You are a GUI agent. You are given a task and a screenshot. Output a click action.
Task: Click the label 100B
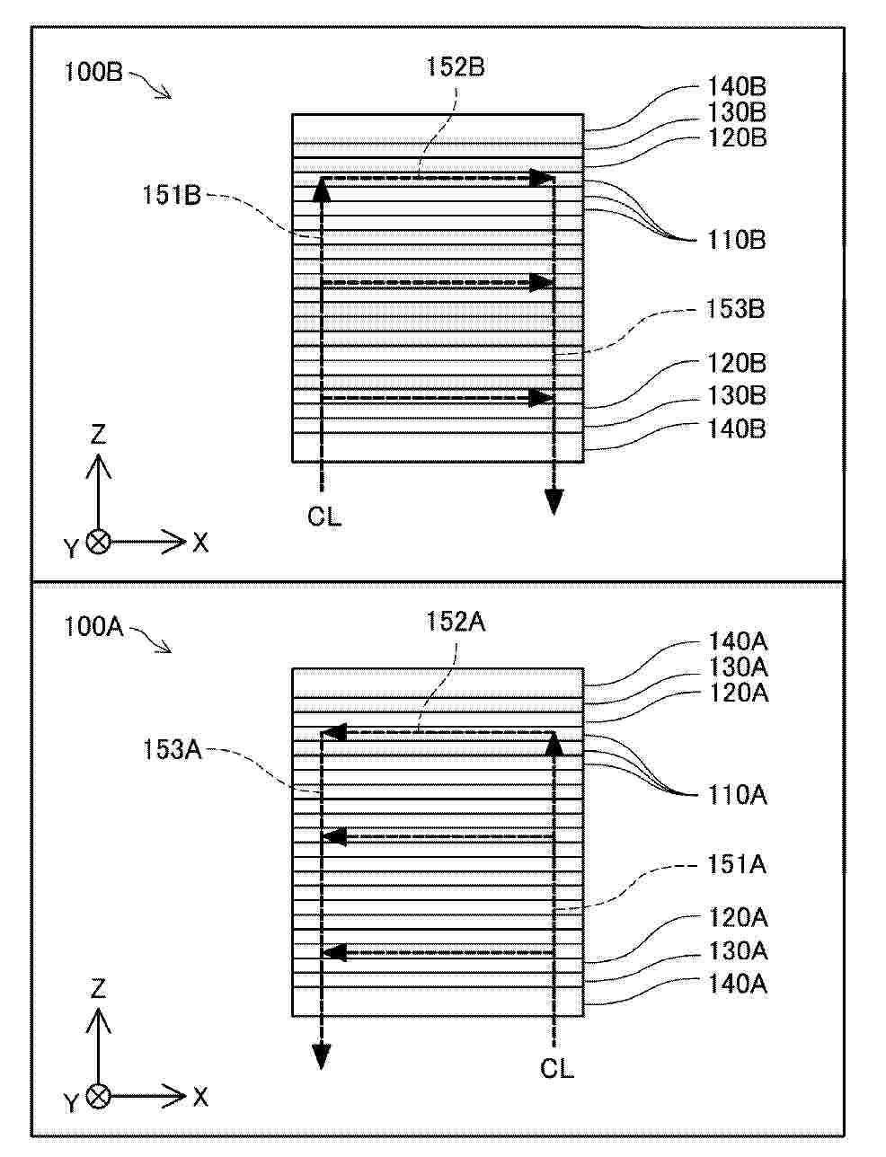(x=93, y=72)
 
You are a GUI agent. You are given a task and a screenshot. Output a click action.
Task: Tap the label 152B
(x=456, y=67)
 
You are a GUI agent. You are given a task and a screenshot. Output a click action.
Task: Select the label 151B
(x=172, y=196)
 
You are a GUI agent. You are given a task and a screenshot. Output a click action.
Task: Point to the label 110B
(x=736, y=241)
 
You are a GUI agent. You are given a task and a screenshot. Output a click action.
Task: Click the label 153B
(x=735, y=309)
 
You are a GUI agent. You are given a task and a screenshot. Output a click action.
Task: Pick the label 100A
(x=93, y=627)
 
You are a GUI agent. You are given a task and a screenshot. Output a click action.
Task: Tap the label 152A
(x=456, y=622)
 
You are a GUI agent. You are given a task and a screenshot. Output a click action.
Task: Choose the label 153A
(x=173, y=750)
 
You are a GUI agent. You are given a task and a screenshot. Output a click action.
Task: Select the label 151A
(x=737, y=865)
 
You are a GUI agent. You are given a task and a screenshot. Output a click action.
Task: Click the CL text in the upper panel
(x=324, y=516)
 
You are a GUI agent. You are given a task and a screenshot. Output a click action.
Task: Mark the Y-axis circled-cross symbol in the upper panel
(x=99, y=543)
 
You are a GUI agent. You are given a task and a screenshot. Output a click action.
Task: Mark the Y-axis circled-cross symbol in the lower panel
(x=99, y=1097)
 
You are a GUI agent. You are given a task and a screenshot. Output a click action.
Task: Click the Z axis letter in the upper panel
(x=99, y=435)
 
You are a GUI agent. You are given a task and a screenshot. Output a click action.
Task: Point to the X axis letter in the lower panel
(x=200, y=1098)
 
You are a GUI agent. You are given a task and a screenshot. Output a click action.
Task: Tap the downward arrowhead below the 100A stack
(x=322, y=1055)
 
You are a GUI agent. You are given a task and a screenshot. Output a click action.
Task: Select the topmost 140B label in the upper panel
(x=737, y=87)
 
